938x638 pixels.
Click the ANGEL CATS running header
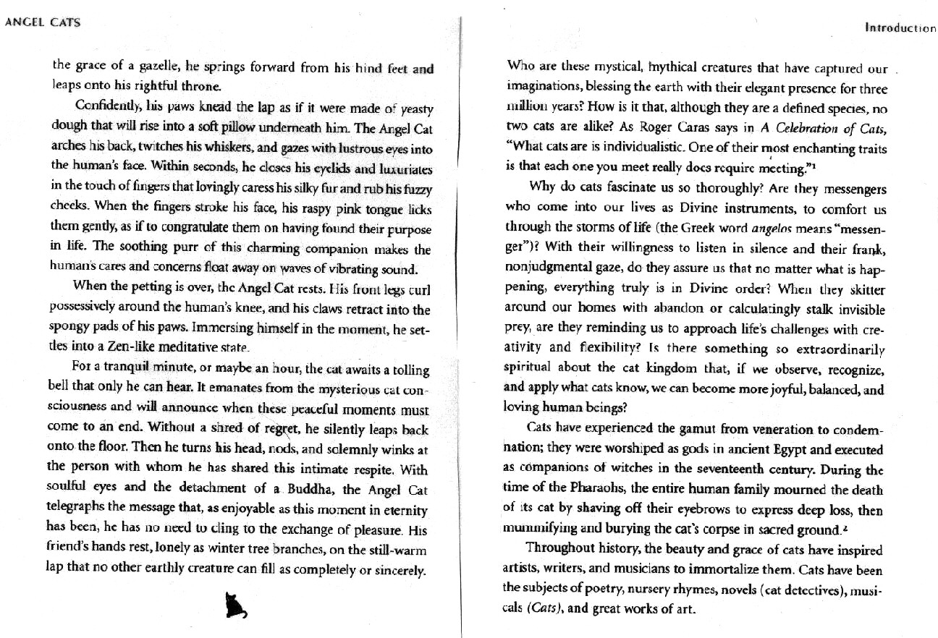pyautogui.click(x=43, y=22)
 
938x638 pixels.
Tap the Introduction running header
pyautogui.click(x=900, y=28)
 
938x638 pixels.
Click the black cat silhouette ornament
pyautogui.click(x=235, y=605)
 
